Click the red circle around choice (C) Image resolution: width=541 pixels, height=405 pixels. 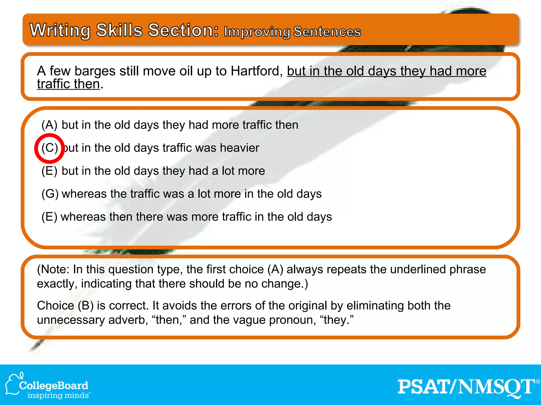coord(49,148)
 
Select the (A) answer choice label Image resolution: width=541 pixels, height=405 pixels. coord(49,125)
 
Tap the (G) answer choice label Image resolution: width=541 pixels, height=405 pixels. coord(50,194)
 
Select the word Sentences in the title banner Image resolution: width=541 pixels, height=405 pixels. coord(327,32)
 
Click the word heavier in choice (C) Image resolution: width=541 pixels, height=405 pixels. coord(240,148)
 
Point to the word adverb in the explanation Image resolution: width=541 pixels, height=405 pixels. coord(128,320)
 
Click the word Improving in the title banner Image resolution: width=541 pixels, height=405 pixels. coord(257,32)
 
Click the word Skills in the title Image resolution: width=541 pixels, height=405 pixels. coord(119,30)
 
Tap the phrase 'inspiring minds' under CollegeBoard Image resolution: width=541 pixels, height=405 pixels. coord(58,396)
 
